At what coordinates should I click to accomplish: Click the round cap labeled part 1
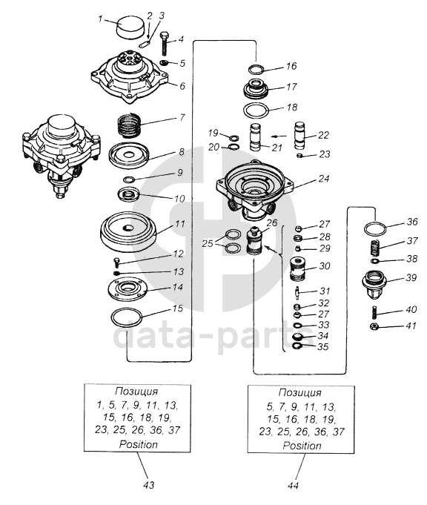(x=130, y=27)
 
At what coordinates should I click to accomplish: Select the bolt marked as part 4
(x=165, y=44)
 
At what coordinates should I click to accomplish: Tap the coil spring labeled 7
(x=129, y=125)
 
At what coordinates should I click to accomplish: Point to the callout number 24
(x=324, y=179)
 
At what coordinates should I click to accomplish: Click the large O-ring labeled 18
(x=256, y=111)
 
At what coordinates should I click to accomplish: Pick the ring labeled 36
(x=375, y=230)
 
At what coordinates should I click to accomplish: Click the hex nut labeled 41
(x=374, y=326)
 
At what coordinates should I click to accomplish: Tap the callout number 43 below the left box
(x=149, y=485)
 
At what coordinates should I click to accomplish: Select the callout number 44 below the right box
(x=294, y=486)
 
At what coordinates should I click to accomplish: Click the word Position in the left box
(x=139, y=444)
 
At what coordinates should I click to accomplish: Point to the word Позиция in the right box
(x=299, y=392)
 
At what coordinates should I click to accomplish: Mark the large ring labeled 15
(x=127, y=317)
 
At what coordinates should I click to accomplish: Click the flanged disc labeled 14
(x=127, y=289)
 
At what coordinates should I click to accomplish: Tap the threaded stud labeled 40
(x=374, y=312)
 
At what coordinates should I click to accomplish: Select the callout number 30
(x=325, y=266)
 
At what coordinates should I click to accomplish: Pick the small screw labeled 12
(x=116, y=263)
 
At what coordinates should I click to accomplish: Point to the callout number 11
(x=179, y=223)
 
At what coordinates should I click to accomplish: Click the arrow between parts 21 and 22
(x=279, y=136)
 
